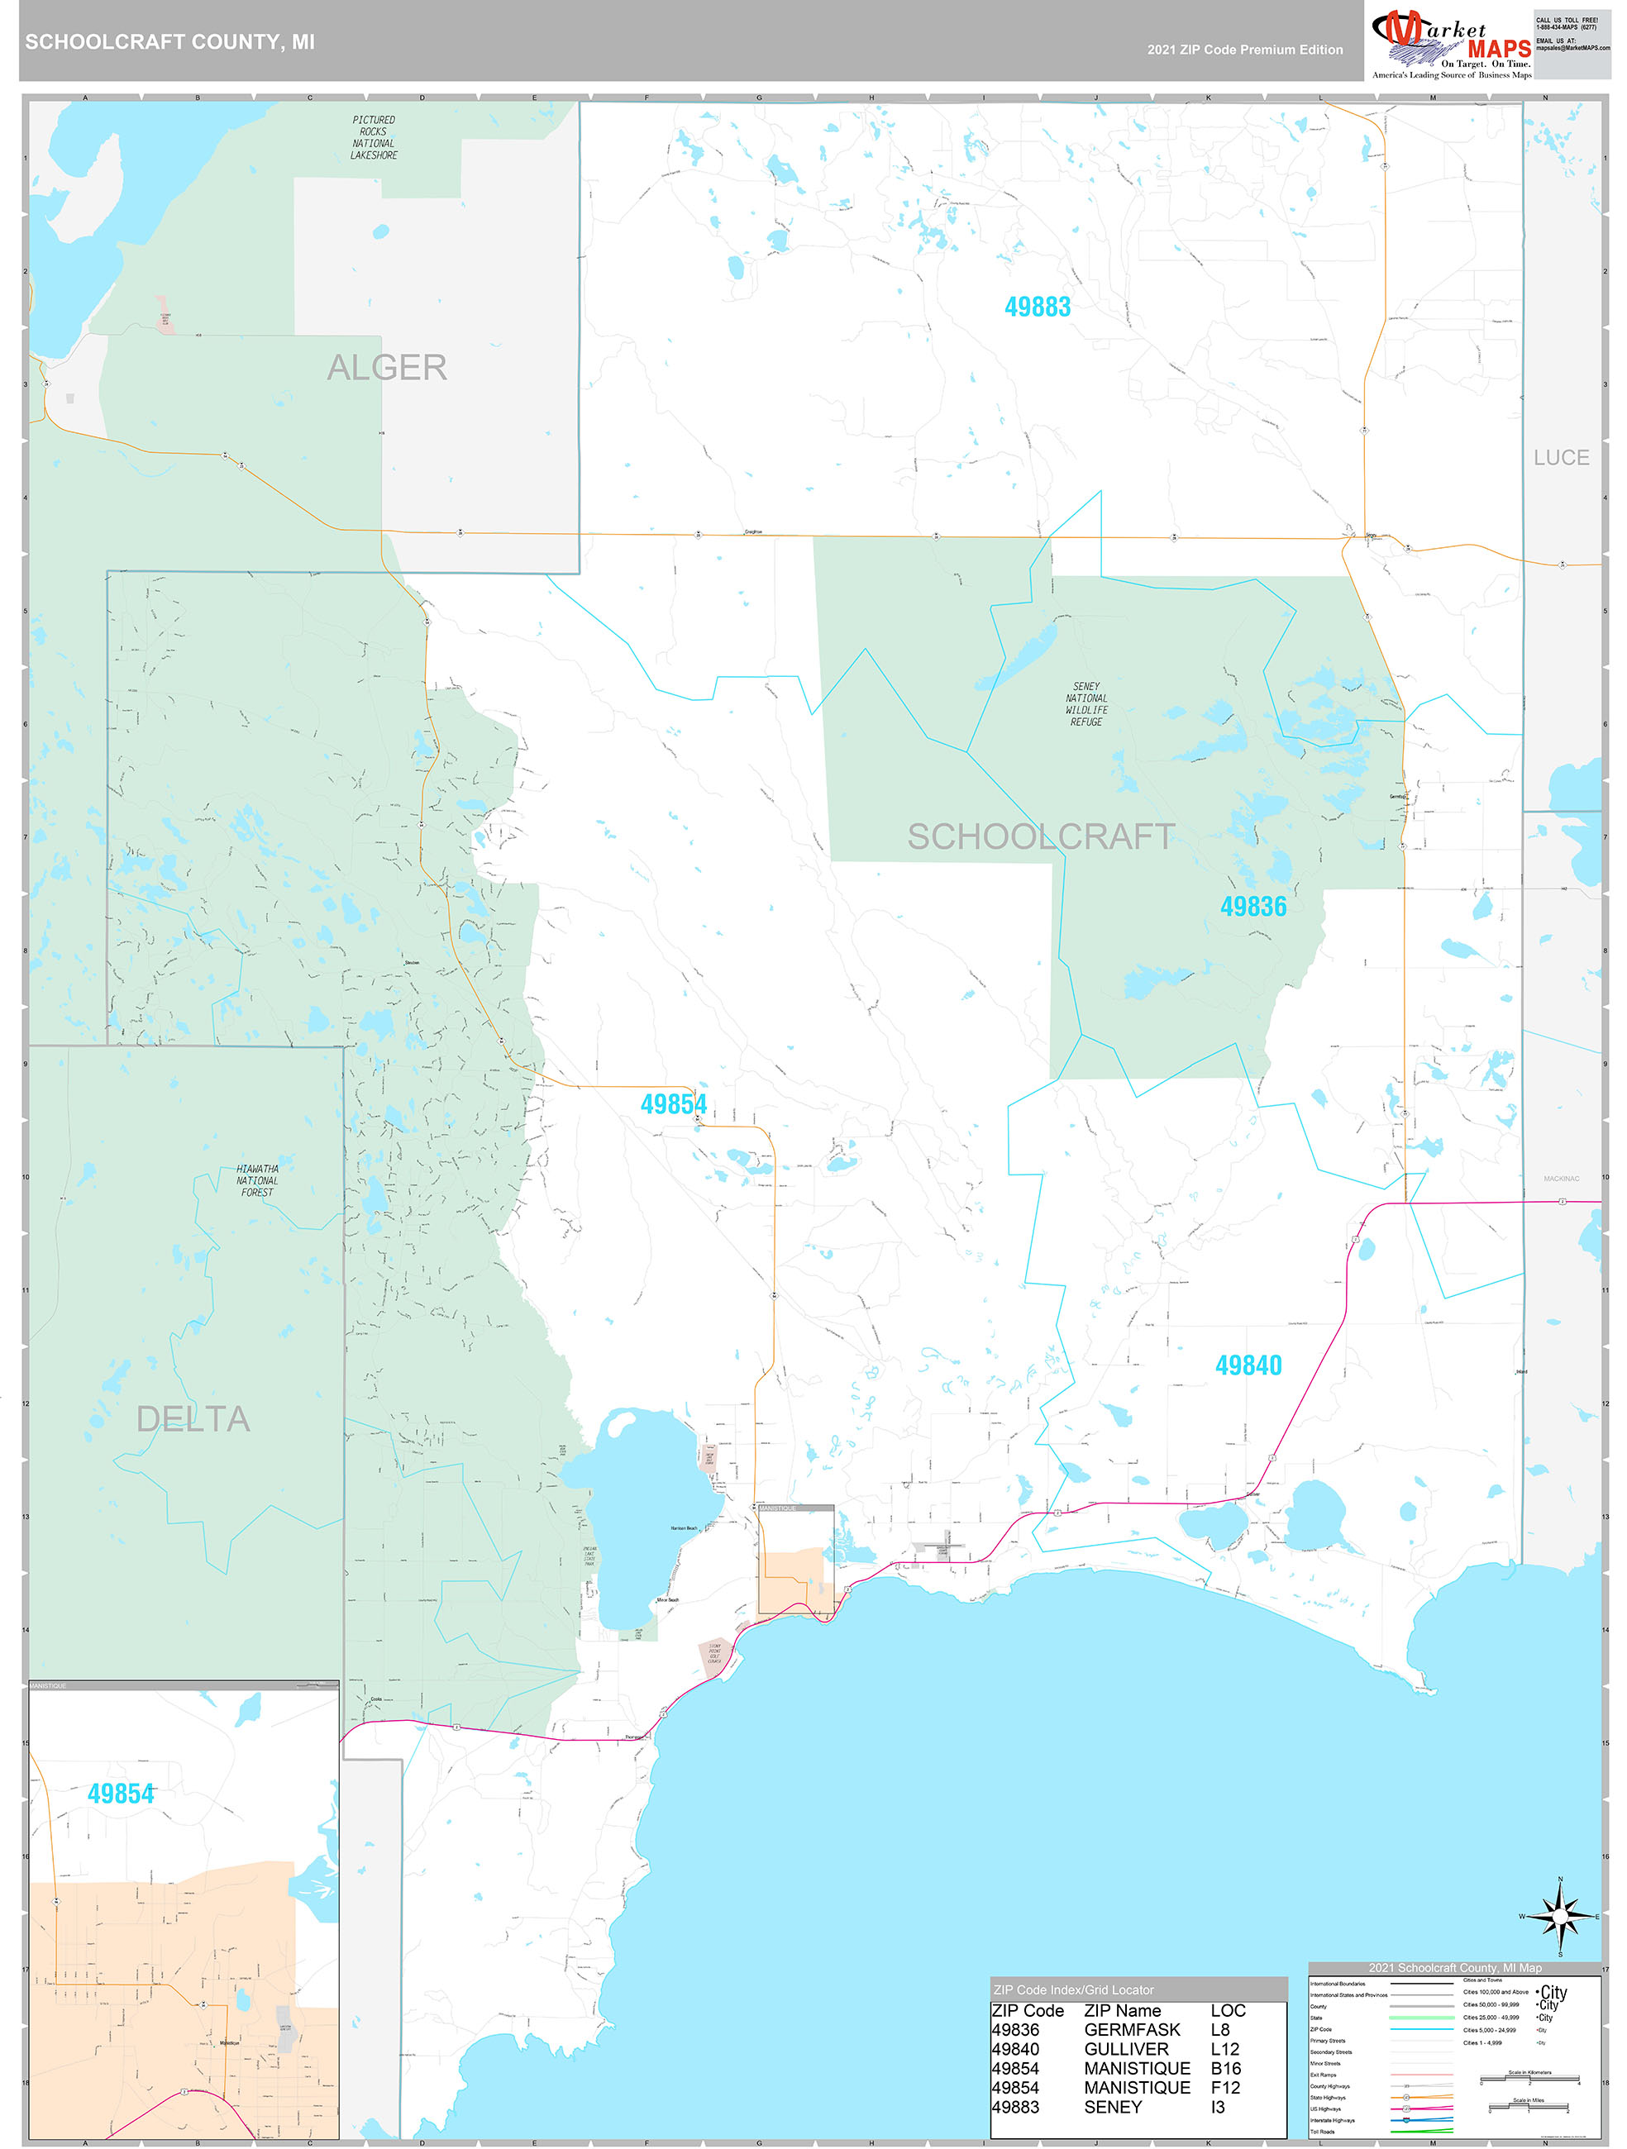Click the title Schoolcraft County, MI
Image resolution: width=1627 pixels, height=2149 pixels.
(x=170, y=42)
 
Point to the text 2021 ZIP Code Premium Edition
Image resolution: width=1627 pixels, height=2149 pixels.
(x=1244, y=50)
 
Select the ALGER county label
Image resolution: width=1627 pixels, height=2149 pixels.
(x=387, y=367)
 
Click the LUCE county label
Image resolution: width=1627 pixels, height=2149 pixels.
(x=1561, y=458)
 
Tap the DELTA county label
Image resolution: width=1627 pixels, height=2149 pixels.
(x=193, y=1419)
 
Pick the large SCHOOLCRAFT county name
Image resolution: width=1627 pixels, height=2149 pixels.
(x=1041, y=836)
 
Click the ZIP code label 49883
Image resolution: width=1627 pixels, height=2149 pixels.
(x=1037, y=307)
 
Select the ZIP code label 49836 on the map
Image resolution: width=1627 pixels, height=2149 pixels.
(x=1252, y=907)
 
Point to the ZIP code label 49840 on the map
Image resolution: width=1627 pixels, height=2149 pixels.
(x=1248, y=1365)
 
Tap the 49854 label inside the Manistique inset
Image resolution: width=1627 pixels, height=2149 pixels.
(x=121, y=1794)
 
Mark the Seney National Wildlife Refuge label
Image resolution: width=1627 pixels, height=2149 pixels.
(x=1085, y=704)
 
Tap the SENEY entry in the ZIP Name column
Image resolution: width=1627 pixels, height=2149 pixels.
(x=1113, y=2106)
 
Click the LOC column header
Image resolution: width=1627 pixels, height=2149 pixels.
(x=1228, y=2010)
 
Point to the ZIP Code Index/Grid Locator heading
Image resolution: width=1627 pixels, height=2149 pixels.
(x=1073, y=1989)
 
